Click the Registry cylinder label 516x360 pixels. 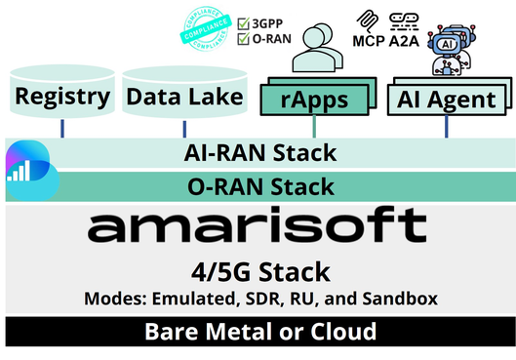(x=62, y=98)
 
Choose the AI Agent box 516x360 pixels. (x=446, y=99)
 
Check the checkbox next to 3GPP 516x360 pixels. (x=243, y=20)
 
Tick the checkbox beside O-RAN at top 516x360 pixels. (x=243, y=38)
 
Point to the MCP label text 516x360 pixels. (x=372, y=41)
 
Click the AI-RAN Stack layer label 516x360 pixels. (x=260, y=153)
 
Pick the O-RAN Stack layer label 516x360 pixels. (x=260, y=185)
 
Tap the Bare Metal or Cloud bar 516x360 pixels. (x=259, y=332)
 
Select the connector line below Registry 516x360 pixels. (x=62, y=127)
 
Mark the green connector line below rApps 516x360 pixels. (x=313, y=127)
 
